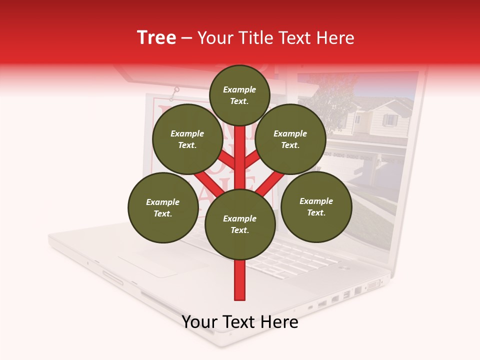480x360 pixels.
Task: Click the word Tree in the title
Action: coord(156,38)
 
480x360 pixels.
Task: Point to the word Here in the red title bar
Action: coord(335,38)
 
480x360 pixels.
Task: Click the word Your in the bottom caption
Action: coord(199,322)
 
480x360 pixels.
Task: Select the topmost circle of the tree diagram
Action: coord(239,95)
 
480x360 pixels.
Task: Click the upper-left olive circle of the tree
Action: coord(187,139)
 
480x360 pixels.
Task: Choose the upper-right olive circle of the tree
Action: coord(290,139)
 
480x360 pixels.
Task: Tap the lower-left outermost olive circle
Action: coord(163,207)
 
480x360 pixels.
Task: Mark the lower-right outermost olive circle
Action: coord(316,206)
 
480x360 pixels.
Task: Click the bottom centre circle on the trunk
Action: coord(240,224)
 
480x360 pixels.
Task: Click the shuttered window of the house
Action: coord(389,120)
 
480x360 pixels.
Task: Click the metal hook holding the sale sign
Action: coord(175,92)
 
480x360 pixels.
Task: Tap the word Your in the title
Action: coord(214,38)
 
